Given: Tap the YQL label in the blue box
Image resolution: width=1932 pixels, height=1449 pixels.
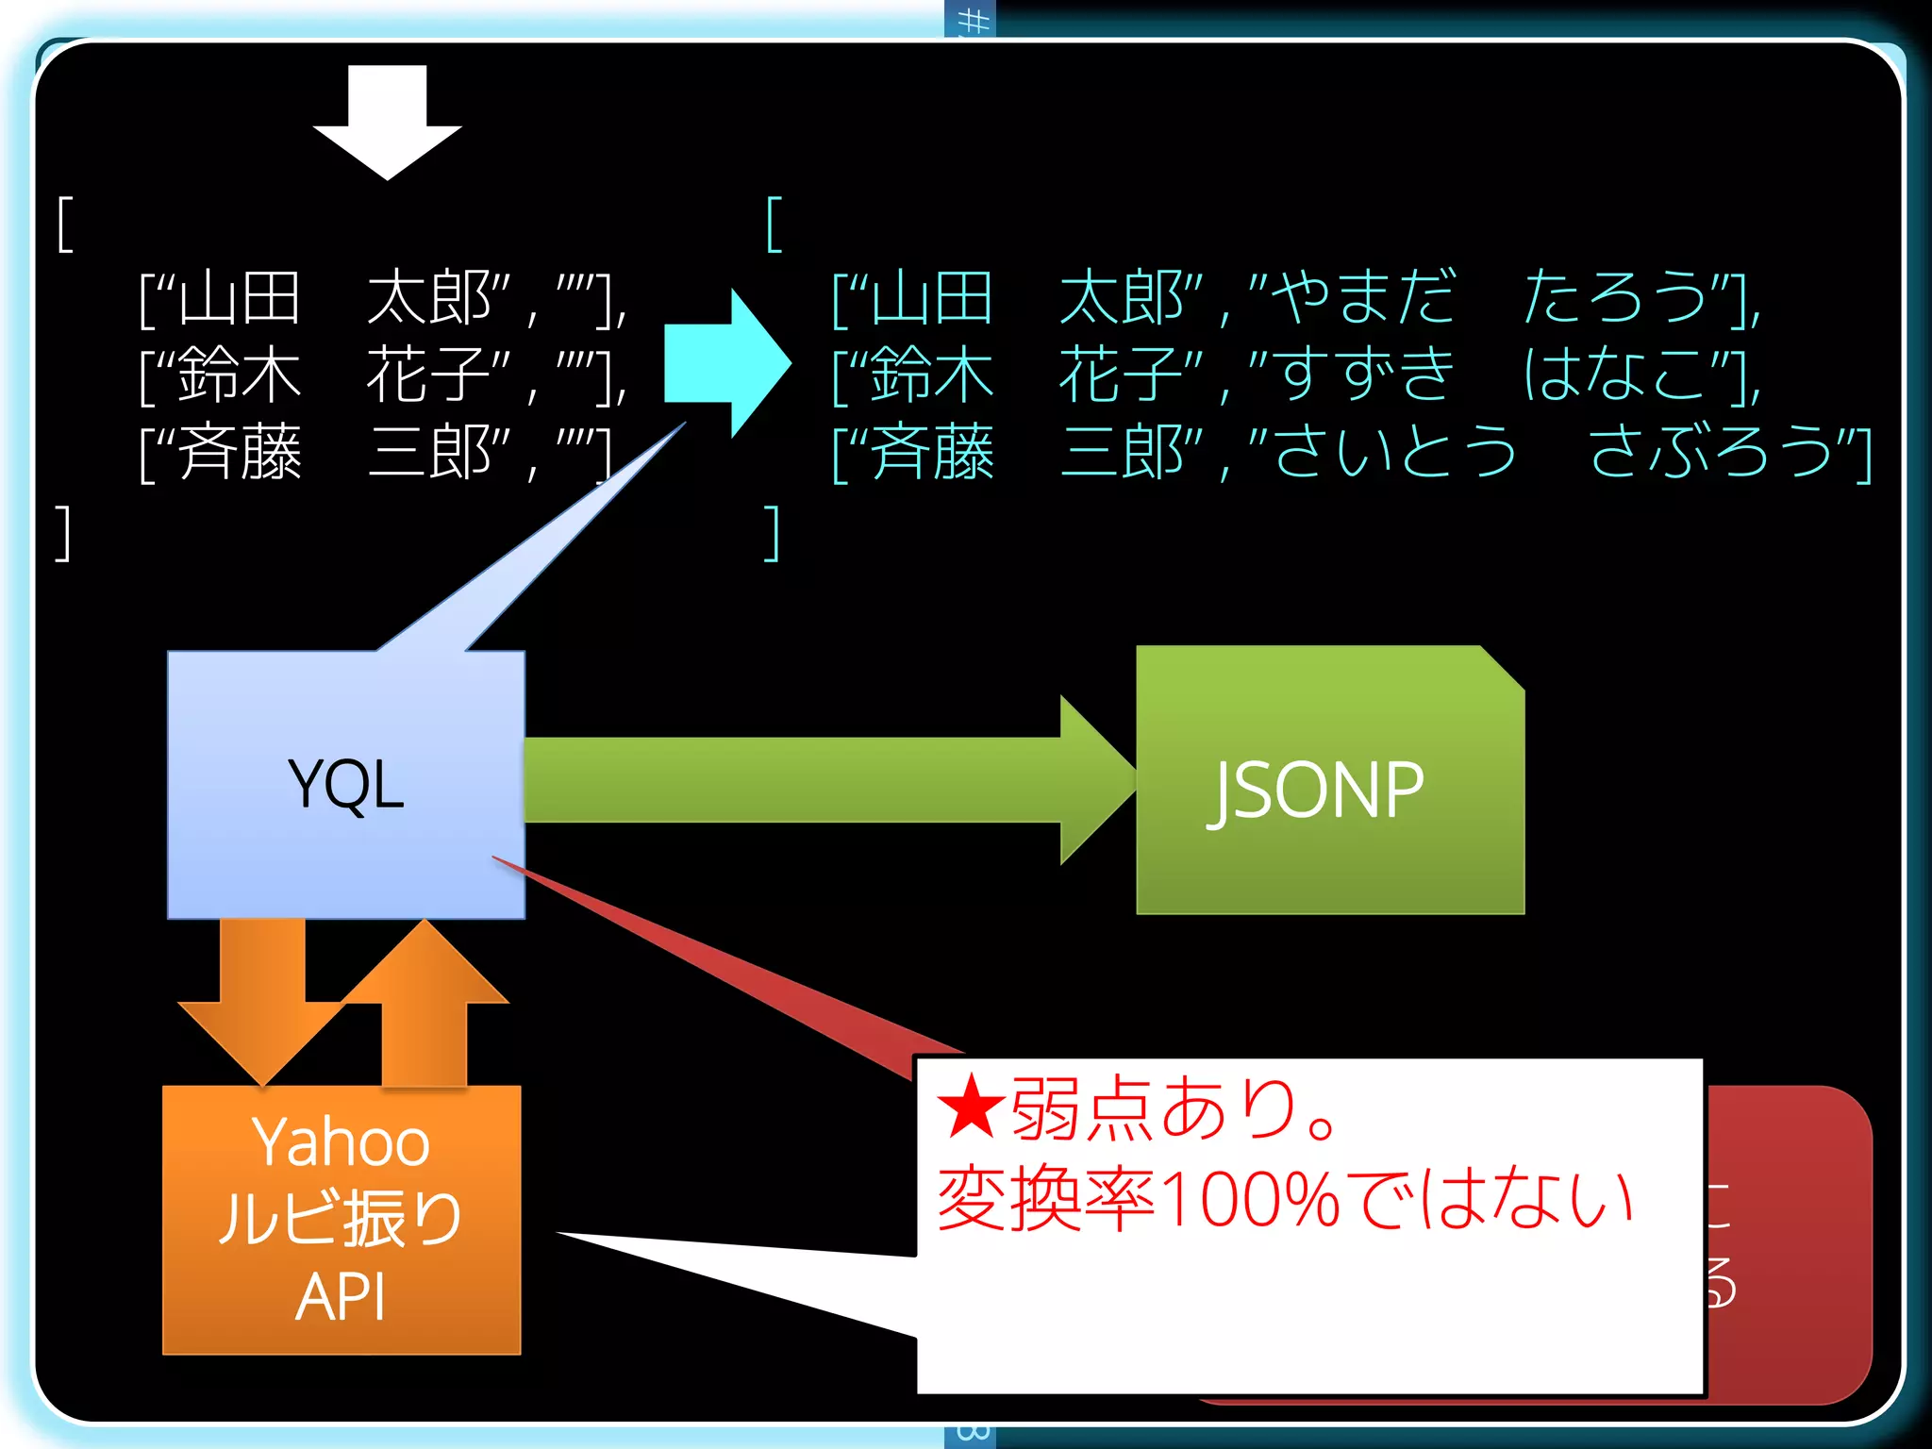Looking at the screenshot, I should click(346, 784).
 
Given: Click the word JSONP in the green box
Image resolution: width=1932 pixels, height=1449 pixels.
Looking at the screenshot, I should click(1317, 791).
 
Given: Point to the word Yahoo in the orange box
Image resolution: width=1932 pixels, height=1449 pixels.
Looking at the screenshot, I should click(341, 1142).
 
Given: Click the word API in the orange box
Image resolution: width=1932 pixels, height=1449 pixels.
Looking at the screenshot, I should click(341, 1297).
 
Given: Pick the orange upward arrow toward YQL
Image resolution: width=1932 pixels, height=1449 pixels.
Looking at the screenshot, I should click(425, 1000).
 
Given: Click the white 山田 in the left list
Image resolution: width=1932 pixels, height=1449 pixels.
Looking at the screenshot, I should click(240, 298).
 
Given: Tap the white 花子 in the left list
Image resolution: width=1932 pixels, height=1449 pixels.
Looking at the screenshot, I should click(428, 375).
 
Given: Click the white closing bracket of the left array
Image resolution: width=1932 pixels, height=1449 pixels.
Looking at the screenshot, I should click(63, 533).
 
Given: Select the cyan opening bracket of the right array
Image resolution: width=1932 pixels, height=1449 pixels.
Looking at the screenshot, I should click(774, 225).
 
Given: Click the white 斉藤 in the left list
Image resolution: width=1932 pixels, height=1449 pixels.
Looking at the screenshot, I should click(240, 453).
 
